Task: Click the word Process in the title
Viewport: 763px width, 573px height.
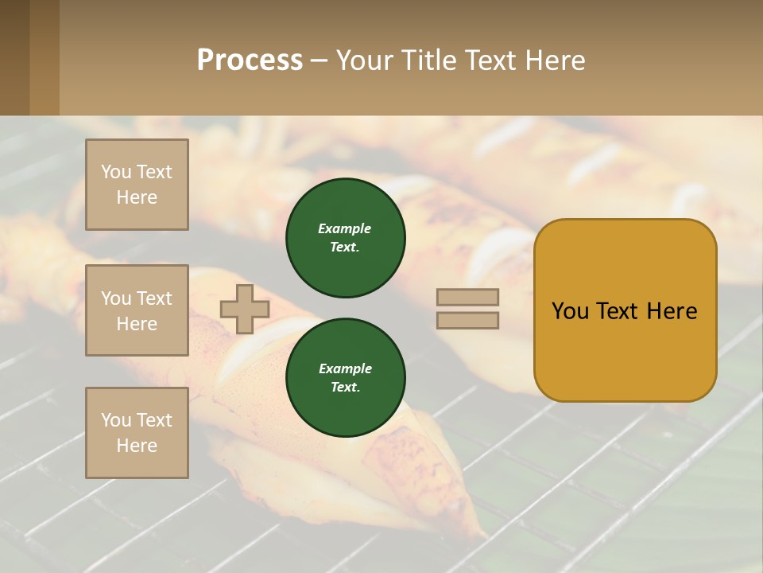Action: pyautogui.click(x=250, y=60)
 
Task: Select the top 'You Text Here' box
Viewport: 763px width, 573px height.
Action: pyautogui.click(x=137, y=185)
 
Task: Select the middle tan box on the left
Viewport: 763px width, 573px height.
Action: pyautogui.click(x=137, y=310)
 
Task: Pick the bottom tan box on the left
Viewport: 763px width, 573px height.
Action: pyautogui.click(x=137, y=433)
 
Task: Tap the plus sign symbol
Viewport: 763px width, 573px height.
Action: pyautogui.click(x=245, y=309)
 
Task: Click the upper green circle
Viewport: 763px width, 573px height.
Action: pyautogui.click(x=345, y=238)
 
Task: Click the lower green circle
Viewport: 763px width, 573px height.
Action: pyautogui.click(x=345, y=378)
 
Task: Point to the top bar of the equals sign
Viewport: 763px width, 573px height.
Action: pyautogui.click(x=467, y=297)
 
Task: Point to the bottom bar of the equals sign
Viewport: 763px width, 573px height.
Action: pyautogui.click(x=467, y=320)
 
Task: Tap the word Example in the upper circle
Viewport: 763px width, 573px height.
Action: pyautogui.click(x=344, y=228)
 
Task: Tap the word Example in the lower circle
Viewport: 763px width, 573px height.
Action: pyautogui.click(x=345, y=368)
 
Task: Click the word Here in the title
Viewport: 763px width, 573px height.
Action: pyautogui.click(x=556, y=60)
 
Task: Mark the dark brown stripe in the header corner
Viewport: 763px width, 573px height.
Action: pyautogui.click(x=14, y=57)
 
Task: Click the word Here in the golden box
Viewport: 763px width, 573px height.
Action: pyautogui.click(x=672, y=311)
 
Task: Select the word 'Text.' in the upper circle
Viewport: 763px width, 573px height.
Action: pyautogui.click(x=345, y=248)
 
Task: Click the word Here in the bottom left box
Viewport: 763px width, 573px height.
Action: pyautogui.click(x=137, y=446)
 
